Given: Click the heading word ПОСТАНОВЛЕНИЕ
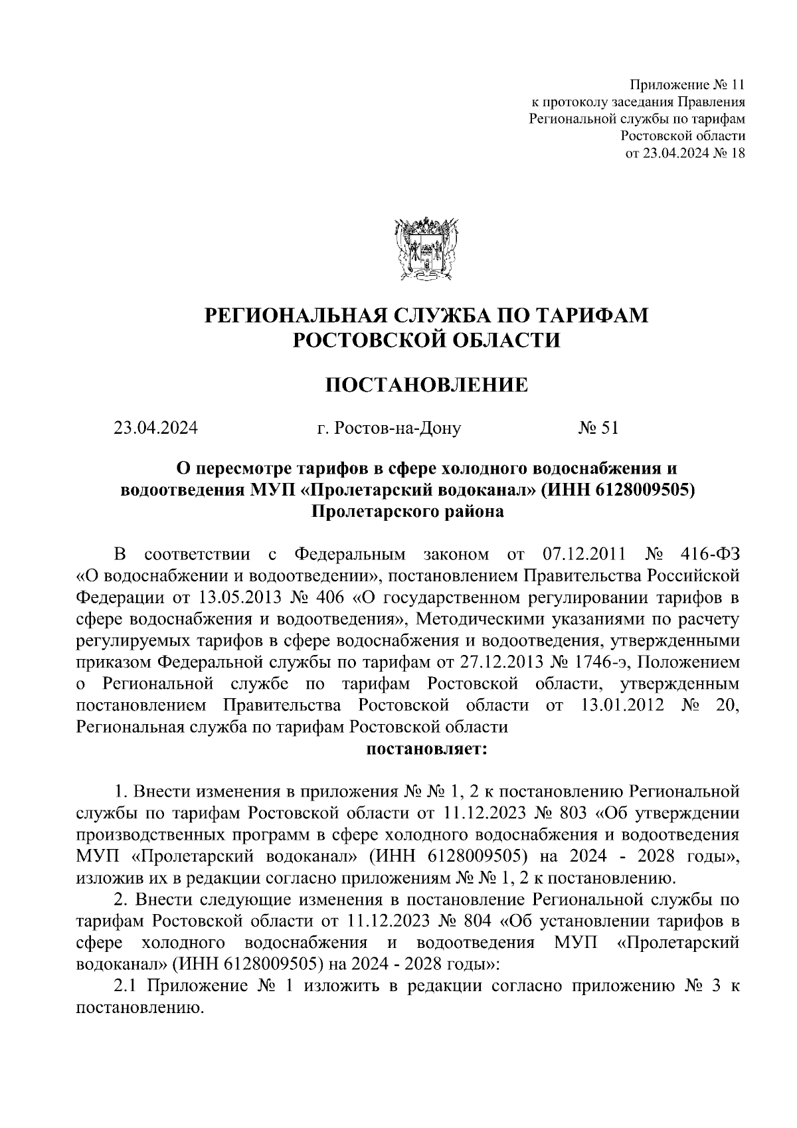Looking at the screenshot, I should (426, 385).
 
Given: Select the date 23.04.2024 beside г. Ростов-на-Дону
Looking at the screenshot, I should (155, 428).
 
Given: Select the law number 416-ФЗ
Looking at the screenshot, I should (710, 554).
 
